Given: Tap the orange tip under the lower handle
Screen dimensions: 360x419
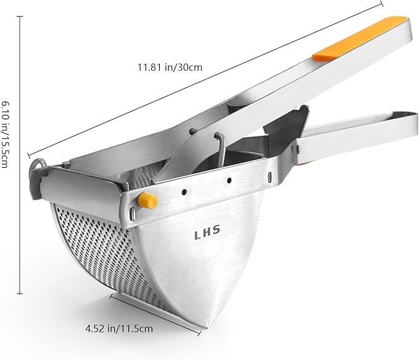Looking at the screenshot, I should point(304,162).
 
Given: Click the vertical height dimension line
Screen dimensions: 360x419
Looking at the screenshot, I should point(20,154).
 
